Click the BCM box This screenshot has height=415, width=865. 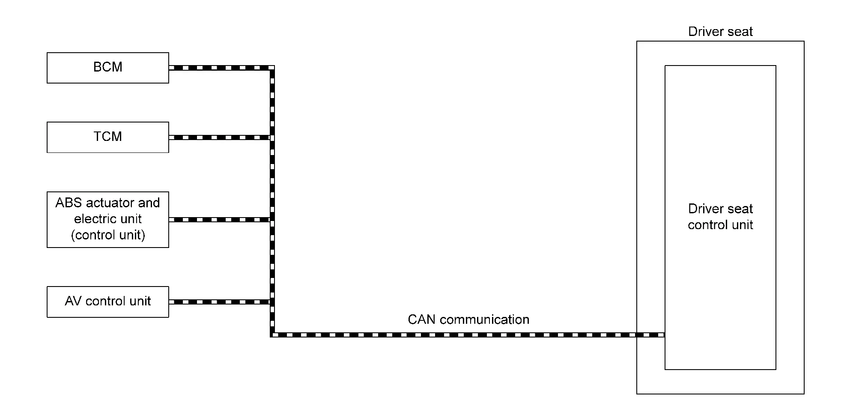107,68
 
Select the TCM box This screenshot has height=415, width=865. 107,137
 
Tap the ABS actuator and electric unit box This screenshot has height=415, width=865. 107,219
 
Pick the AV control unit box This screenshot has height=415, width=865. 107,302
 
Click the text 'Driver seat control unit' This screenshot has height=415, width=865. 720,217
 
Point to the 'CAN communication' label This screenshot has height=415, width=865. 468,319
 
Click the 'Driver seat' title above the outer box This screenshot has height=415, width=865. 720,32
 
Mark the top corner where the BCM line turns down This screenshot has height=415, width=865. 272,68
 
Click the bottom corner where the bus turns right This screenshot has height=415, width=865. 272,335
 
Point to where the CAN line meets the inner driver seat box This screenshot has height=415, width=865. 665,335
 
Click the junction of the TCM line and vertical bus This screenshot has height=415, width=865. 272,137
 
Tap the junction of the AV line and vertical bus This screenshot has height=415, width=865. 272,302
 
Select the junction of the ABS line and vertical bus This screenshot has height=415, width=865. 272,220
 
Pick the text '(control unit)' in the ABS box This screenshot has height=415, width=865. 108,235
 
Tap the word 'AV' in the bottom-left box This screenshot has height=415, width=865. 73,302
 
